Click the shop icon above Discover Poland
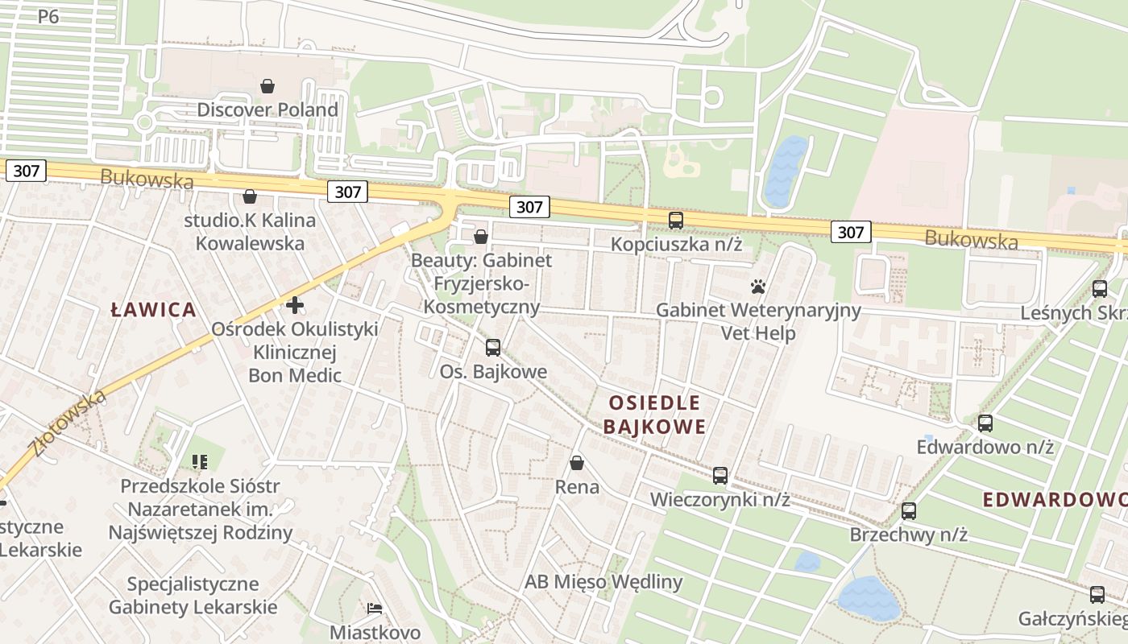click(x=267, y=85)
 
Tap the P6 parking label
click(x=48, y=16)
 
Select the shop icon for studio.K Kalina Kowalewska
click(x=250, y=196)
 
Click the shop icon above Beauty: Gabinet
click(x=481, y=237)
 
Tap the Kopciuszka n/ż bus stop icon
click(x=676, y=220)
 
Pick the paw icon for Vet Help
click(x=757, y=287)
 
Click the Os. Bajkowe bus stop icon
click(x=493, y=348)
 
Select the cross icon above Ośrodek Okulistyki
click(x=295, y=305)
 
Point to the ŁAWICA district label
click(x=154, y=310)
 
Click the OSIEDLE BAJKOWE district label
click(x=654, y=415)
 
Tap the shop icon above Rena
click(x=577, y=463)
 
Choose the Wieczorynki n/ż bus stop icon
click(x=720, y=476)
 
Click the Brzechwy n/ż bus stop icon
click(x=909, y=510)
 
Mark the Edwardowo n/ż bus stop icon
click(x=985, y=423)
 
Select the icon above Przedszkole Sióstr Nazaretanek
click(x=200, y=462)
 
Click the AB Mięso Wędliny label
click(x=603, y=582)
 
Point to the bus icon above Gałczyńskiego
click(x=1097, y=595)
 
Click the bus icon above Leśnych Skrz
click(x=1100, y=288)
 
